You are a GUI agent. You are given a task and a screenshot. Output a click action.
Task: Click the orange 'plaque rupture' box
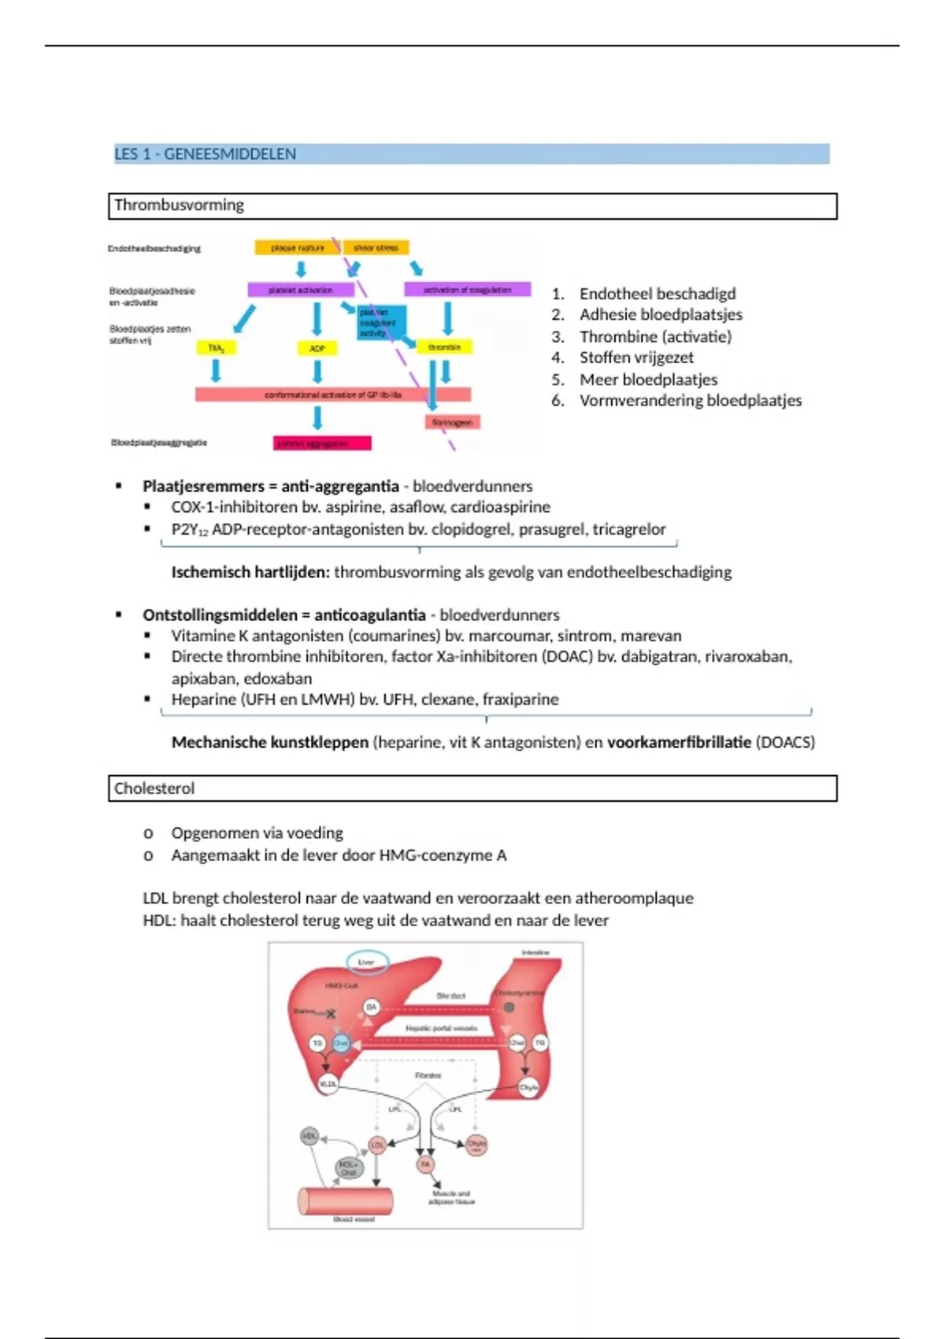297,248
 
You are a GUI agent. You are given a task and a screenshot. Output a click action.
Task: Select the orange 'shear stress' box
376,248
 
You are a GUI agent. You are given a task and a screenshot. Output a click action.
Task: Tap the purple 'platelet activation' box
301,290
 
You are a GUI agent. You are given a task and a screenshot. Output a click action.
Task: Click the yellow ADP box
317,348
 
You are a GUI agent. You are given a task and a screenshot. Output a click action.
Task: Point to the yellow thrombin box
444,347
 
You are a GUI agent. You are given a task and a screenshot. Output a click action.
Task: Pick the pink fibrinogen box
452,422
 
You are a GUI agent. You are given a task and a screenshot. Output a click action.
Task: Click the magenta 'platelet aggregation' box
322,443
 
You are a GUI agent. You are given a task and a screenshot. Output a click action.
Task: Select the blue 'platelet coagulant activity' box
382,323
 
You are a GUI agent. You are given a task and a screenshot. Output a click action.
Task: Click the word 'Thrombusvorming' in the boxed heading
179,206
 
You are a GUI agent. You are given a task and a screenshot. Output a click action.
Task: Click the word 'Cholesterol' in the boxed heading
154,788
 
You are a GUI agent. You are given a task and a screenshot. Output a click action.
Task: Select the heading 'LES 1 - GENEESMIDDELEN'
206,154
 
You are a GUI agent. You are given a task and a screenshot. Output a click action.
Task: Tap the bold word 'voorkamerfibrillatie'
679,742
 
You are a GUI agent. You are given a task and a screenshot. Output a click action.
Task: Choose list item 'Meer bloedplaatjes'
648,379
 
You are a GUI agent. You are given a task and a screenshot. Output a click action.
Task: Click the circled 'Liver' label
366,963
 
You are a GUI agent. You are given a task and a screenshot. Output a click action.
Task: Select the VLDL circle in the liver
328,1084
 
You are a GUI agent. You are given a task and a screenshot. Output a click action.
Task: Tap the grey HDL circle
309,1136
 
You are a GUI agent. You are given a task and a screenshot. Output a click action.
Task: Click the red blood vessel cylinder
346,1201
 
